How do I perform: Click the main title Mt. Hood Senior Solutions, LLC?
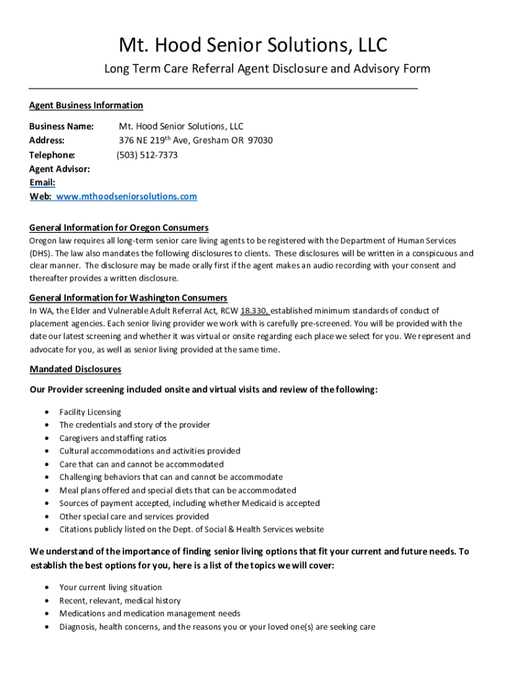(253, 45)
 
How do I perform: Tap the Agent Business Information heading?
(86, 105)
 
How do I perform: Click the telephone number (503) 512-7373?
(147, 155)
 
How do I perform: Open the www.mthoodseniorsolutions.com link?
(126, 197)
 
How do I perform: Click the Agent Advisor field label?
(60, 169)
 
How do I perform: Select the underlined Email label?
(42, 183)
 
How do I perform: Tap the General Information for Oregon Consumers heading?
(119, 227)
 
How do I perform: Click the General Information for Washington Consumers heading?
(128, 298)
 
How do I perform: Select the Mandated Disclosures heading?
(75, 369)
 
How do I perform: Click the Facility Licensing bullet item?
(90, 412)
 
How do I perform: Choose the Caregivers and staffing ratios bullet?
(113, 438)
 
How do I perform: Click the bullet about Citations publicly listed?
(191, 530)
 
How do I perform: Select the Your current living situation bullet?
(110, 588)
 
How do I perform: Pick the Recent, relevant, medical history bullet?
(120, 601)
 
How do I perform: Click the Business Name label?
(62, 126)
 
